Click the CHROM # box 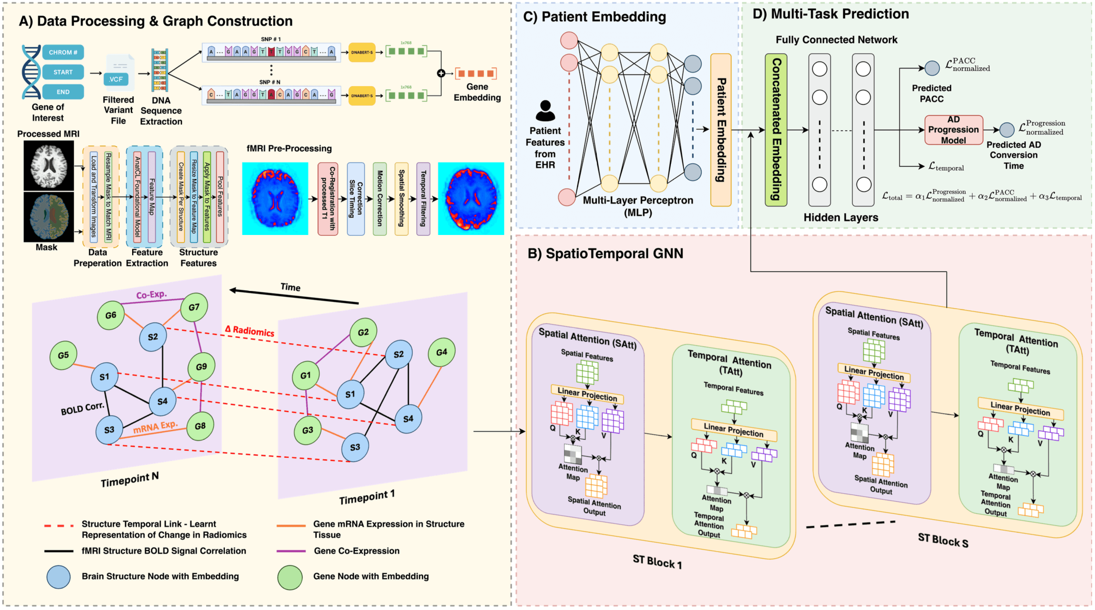(x=63, y=52)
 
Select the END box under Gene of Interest (x=63, y=92)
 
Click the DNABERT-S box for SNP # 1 (x=362, y=52)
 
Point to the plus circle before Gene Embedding (x=441, y=73)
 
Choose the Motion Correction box (x=380, y=198)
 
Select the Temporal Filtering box (x=423, y=198)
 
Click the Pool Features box (x=220, y=197)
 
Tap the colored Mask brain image (x=48, y=217)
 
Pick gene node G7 (x=194, y=307)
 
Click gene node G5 (x=63, y=355)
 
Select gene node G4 (x=441, y=352)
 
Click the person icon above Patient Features (x=545, y=111)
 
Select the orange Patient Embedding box (x=721, y=130)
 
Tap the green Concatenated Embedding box (x=776, y=130)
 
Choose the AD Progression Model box (x=953, y=130)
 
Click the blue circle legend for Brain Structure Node (x=59, y=577)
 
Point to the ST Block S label (x=943, y=540)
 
